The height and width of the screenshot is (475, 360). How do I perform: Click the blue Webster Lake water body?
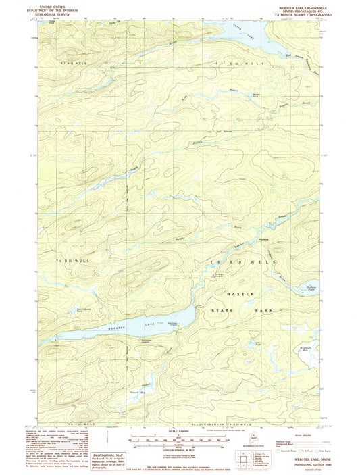coord(101,330)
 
